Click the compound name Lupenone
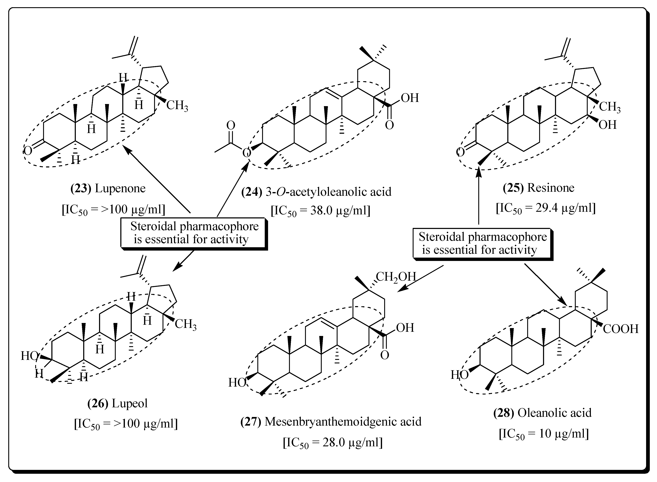(x=120, y=189)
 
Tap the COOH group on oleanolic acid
(x=621, y=329)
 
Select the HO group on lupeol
(x=29, y=356)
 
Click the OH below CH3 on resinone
(x=607, y=125)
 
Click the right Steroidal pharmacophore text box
(x=482, y=243)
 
